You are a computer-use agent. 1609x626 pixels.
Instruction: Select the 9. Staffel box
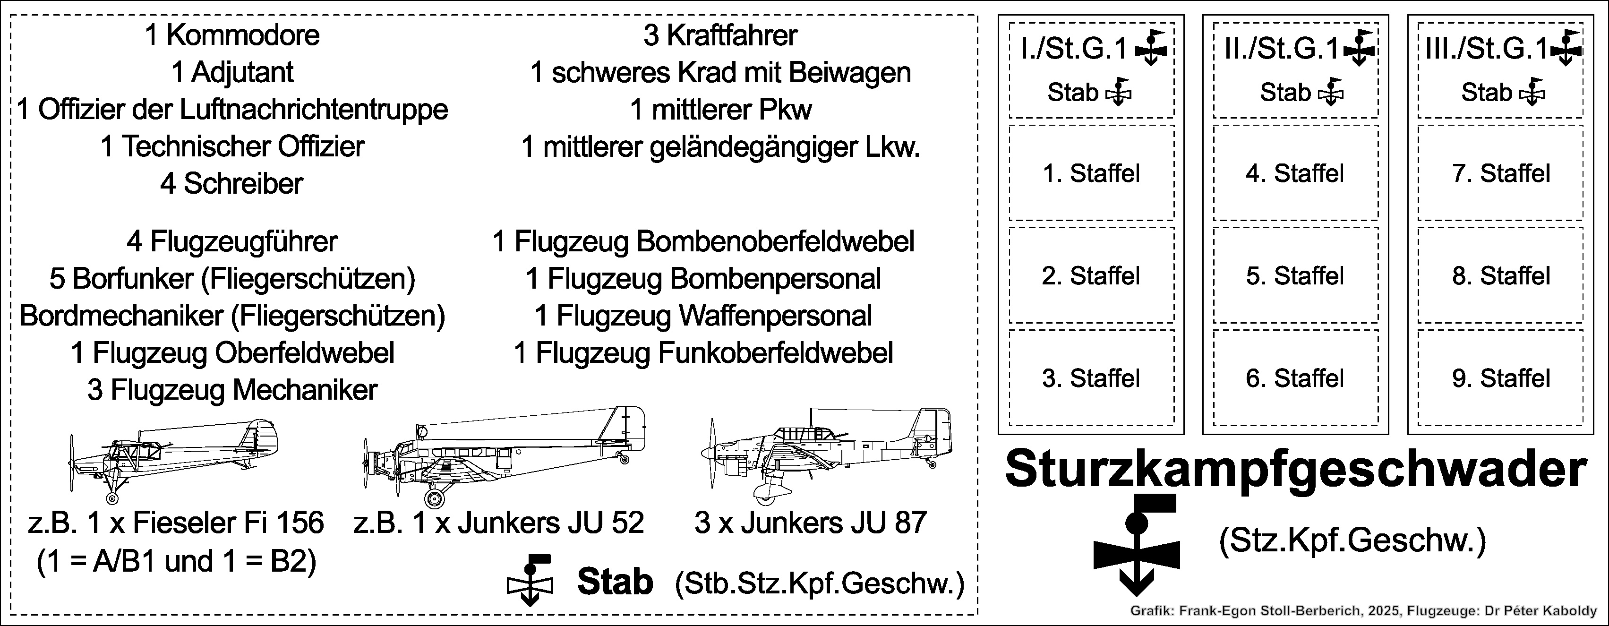coord(1500,377)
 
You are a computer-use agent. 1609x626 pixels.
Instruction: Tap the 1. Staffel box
coord(1092,172)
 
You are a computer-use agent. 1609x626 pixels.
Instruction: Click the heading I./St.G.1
coord(1074,49)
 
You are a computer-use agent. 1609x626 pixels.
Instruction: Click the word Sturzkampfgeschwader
coord(1296,470)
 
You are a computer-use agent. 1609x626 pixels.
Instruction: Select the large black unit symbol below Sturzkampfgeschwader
coord(1137,543)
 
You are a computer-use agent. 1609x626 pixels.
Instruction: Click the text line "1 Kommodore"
coord(232,35)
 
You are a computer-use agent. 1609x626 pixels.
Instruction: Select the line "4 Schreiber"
coord(232,184)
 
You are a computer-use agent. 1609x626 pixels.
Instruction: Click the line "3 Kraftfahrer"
coord(720,35)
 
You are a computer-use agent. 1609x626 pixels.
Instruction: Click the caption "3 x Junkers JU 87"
coord(810,522)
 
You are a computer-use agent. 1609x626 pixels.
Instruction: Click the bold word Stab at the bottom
coord(615,582)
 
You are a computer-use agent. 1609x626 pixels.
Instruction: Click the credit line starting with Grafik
coord(1363,611)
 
